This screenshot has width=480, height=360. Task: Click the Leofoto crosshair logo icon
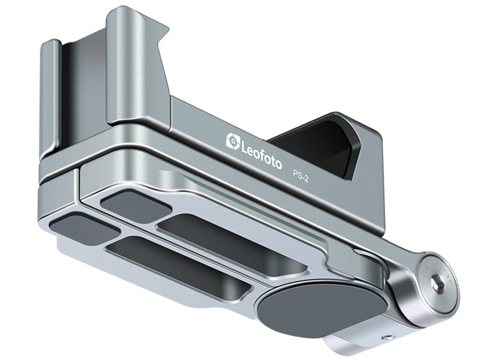[233, 141]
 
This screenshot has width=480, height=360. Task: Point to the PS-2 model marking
[301, 178]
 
